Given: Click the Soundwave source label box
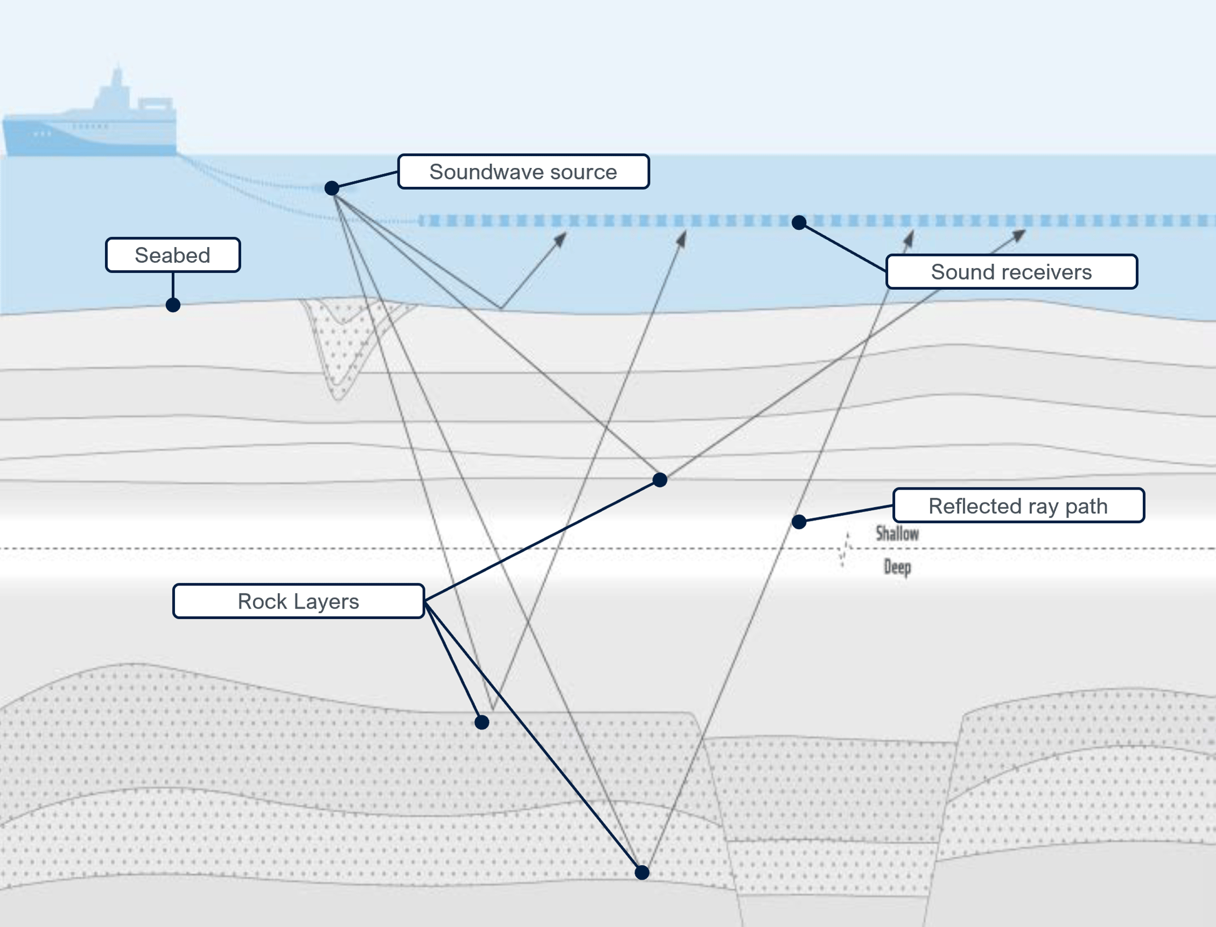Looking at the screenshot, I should click(x=523, y=172).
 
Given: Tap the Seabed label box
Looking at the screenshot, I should click(x=173, y=255).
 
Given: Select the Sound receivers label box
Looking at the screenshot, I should click(x=1011, y=271).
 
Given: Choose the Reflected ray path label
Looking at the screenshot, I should click(x=1018, y=505).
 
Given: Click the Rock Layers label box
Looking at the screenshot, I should click(x=298, y=601).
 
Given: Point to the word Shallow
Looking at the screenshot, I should click(x=897, y=534).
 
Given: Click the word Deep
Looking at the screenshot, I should click(x=897, y=567).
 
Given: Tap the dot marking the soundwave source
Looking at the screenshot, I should click(x=332, y=188).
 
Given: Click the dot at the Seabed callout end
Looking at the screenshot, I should click(x=173, y=304).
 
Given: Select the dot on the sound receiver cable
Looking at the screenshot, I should click(x=799, y=222).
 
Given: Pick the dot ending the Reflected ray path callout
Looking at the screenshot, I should click(x=799, y=521).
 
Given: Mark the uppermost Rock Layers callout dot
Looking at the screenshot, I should click(x=660, y=479).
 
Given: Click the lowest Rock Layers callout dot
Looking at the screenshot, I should click(x=641, y=873).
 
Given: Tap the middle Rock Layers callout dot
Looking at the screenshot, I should click(x=481, y=722).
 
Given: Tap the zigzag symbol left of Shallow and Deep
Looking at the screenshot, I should click(x=845, y=549).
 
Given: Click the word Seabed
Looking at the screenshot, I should click(x=173, y=255).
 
